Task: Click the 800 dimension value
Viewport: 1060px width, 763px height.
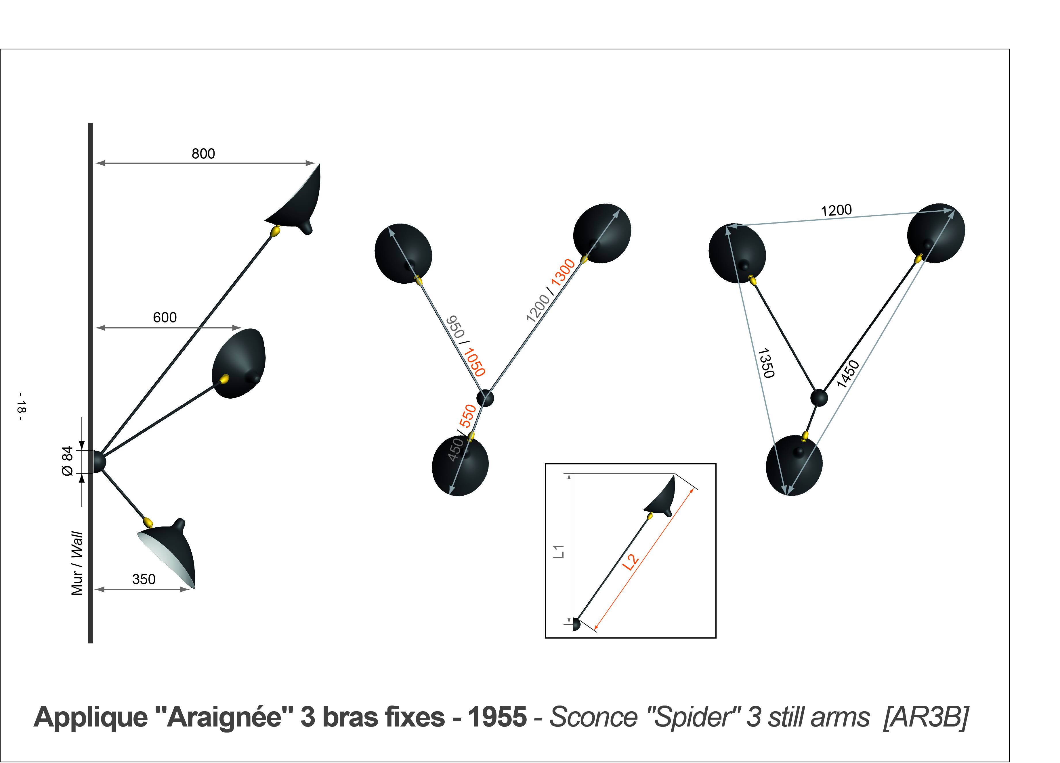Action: click(203, 154)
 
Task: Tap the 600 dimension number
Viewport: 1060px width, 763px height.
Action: click(165, 318)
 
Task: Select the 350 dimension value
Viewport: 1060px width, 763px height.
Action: click(144, 579)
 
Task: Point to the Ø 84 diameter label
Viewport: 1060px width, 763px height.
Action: click(68, 461)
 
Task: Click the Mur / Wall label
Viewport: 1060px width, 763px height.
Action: click(77, 563)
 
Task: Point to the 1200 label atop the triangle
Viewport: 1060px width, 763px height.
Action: click(836, 210)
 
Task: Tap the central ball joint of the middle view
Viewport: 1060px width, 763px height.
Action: click(485, 398)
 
